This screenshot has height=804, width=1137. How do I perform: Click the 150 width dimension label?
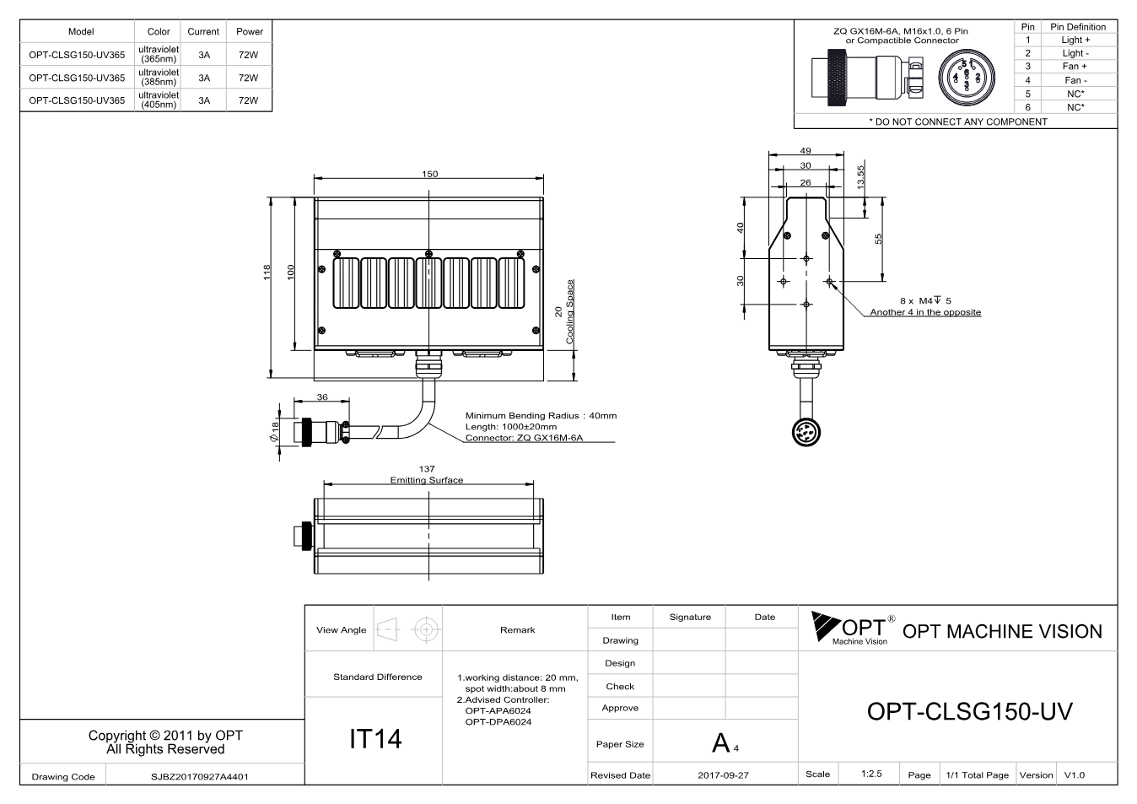(x=429, y=174)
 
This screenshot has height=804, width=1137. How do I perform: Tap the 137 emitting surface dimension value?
(x=427, y=468)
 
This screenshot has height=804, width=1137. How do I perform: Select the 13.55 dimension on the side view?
(x=860, y=177)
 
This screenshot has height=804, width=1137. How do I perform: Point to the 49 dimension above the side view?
(x=806, y=150)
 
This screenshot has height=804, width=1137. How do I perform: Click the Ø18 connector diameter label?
(x=275, y=432)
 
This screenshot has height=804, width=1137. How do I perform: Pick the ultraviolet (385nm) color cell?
(x=159, y=77)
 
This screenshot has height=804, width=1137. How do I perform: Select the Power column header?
(x=249, y=31)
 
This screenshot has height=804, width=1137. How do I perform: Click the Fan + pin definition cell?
(x=1075, y=67)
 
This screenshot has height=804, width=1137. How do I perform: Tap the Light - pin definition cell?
(x=1075, y=53)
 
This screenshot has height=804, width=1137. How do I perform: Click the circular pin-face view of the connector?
(x=967, y=78)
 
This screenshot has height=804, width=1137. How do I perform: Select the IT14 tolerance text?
(x=375, y=738)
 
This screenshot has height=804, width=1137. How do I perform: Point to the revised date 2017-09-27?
(x=723, y=775)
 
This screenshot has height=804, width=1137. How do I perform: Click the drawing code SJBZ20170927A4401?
(x=200, y=777)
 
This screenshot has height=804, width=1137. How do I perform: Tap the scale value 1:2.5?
(x=871, y=774)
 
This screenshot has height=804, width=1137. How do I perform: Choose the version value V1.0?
(x=1074, y=775)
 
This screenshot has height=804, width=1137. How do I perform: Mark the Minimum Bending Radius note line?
(x=542, y=416)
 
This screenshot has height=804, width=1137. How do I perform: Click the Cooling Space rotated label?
(x=570, y=311)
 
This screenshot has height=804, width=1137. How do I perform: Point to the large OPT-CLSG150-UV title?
(x=969, y=711)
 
